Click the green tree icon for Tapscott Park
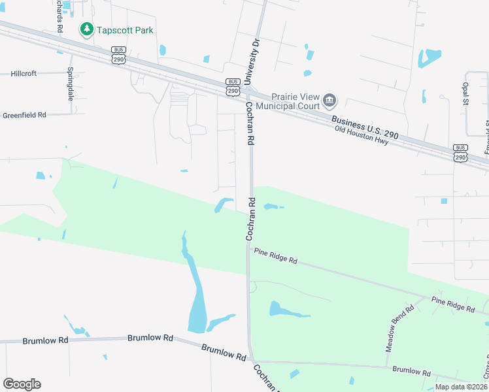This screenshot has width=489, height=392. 86,29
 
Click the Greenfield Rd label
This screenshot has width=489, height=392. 24,115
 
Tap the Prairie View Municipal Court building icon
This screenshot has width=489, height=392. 329,100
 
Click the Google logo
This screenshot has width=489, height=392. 22,384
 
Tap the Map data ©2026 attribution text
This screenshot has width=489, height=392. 462,387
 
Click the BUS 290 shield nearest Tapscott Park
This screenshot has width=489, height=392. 118,54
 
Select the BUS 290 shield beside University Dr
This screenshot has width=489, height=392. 233,87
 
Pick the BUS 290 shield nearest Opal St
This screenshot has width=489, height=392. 460,153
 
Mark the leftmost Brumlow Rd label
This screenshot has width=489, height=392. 45,341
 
